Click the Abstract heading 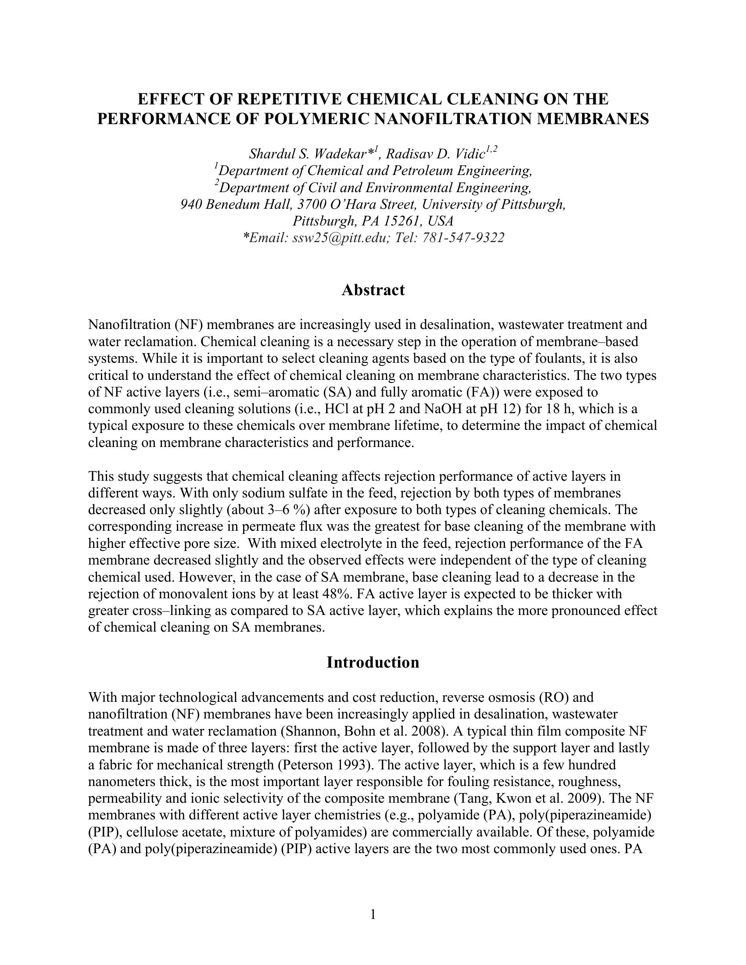pyautogui.click(x=373, y=290)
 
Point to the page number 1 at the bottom pyautogui.click(x=373, y=915)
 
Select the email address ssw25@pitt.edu pyautogui.click(x=338, y=238)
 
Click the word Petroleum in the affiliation pyautogui.click(x=423, y=171)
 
